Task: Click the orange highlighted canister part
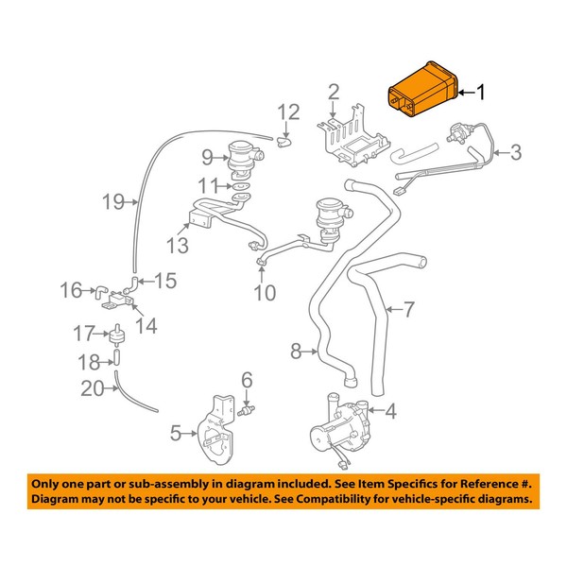[x=421, y=92]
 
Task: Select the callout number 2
[x=333, y=92]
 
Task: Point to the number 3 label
[x=516, y=150]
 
